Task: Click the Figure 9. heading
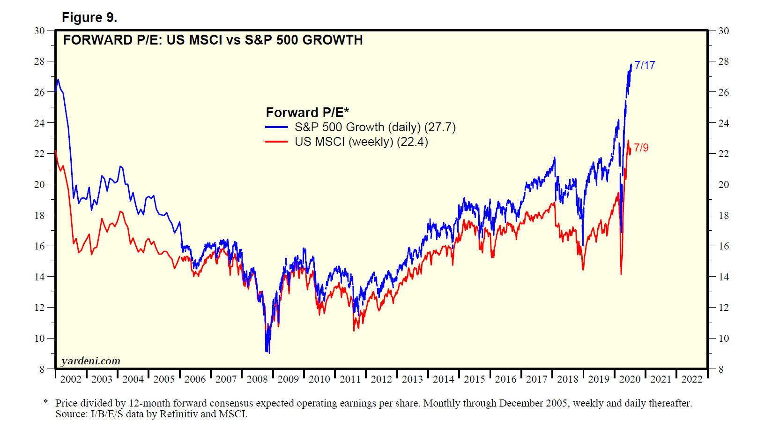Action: pyautogui.click(x=89, y=17)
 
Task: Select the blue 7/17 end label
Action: pyautogui.click(x=645, y=65)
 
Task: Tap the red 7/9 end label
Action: pyautogui.click(x=641, y=148)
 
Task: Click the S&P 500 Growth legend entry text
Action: pyautogui.click(x=375, y=127)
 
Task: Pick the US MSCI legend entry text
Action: pyautogui.click(x=361, y=142)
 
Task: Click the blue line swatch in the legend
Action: pyautogui.click(x=276, y=127)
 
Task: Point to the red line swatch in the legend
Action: pyautogui.click(x=276, y=142)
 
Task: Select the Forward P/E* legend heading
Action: pyautogui.click(x=307, y=113)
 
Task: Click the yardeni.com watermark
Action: pyautogui.click(x=91, y=361)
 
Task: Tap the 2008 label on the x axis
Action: pyautogui.click(x=257, y=379)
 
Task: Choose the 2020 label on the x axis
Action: pyautogui.click(x=630, y=379)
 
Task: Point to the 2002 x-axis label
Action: pyautogui.click(x=71, y=379)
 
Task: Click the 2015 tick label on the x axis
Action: pyautogui.click(x=475, y=379)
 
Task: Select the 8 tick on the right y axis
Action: pyautogui.click(x=721, y=369)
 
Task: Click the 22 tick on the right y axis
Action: pyautogui.click(x=723, y=154)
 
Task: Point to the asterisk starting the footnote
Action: pyautogui.click(x=45, y=402)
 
